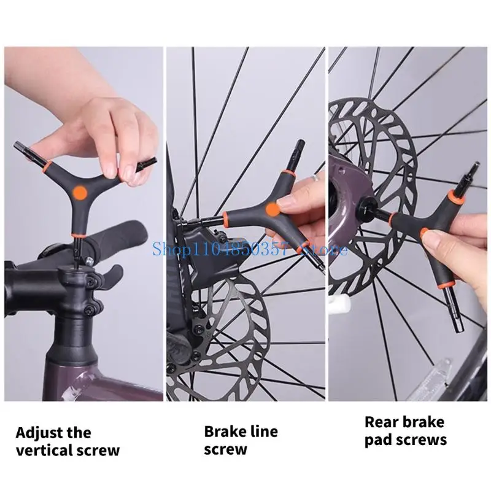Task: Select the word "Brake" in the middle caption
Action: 223,431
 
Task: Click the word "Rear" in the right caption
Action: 379,422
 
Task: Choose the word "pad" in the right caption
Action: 377,441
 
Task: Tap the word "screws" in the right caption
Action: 421,440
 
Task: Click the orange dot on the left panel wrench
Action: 80,192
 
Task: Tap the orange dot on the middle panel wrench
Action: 273,209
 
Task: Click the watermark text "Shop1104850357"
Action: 220,249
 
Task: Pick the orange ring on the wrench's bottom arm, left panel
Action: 77,235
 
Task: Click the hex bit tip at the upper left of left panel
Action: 20,147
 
